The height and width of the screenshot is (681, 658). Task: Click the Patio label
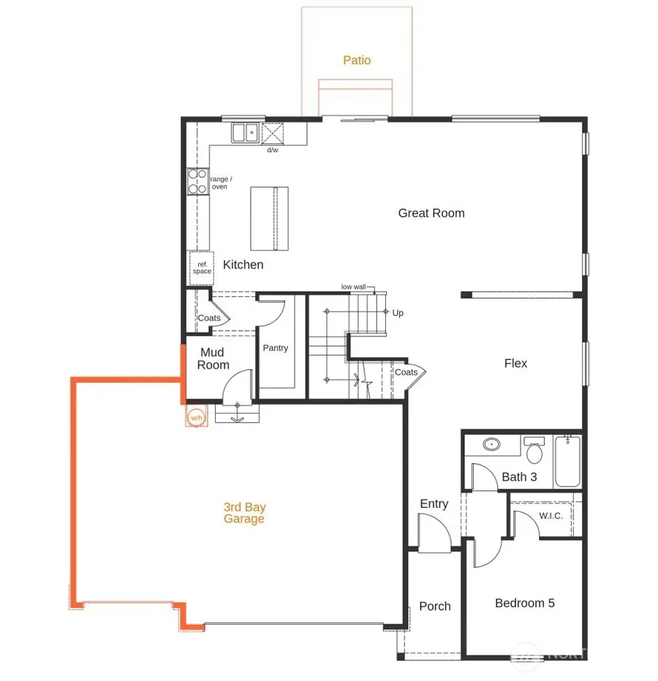click(x=357, y=60)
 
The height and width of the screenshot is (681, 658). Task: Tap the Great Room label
click(x=431, y=213)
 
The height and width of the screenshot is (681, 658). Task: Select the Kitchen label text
click(x=243, y=265)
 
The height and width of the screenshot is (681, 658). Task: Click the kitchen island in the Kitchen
click(x=269, y=218)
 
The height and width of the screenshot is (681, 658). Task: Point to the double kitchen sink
click(x=245, y=132)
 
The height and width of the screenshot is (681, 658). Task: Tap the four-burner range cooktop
click(x=197, y=181)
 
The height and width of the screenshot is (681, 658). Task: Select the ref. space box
click(x=202, y=268)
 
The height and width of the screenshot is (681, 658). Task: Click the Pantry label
click(x=276, y=348)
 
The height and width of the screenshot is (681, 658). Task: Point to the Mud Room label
click(x=213, y=358)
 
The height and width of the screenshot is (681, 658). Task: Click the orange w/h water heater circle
click(x=196, y=418)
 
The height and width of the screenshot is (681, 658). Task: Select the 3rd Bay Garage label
click(x=244, y=513)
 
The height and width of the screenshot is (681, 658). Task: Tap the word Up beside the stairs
click(x=398, y=313)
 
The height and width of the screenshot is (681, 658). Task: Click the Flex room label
click(x=515, y=363)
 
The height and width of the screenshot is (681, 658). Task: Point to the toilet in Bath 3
click(x=534, y=451)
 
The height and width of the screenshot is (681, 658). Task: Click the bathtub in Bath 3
click(x=567, y=461)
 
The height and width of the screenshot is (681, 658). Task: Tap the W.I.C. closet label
click(x=551, y=516)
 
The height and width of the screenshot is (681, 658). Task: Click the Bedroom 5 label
click(x=524, y=603)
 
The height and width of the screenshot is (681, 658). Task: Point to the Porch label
click(x=435, y=606)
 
